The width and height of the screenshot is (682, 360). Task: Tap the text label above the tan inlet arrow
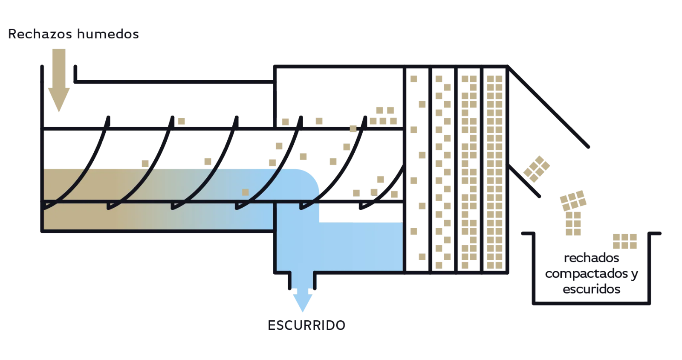click(74, 33)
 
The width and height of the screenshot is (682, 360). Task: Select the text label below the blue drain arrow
click(306, 325)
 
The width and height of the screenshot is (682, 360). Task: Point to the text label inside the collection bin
click(592, 274)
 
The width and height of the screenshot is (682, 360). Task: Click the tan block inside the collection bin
click(625, 241)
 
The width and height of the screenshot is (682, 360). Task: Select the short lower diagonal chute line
click(525, 181)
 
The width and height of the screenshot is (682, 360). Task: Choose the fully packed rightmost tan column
click(494, 171)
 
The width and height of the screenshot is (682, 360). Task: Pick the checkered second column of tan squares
click(442, 171)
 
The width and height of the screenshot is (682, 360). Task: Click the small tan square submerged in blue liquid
click(245, 192)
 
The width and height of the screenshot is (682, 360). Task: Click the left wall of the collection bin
click(532, 269)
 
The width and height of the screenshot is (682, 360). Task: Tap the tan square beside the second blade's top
click(181, 120)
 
